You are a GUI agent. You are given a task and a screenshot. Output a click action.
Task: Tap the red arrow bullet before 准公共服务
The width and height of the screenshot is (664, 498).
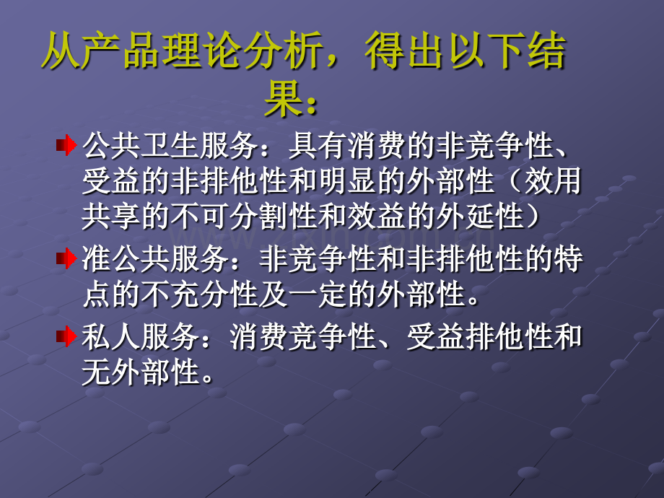66,258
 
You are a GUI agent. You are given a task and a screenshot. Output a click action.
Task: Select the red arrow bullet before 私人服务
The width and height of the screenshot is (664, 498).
66,336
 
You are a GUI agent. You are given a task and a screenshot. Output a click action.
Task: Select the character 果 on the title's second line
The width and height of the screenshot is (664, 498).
281,101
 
